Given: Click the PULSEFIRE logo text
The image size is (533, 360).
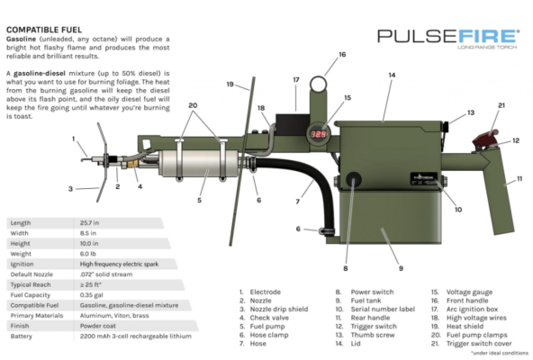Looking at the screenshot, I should click(447, 36).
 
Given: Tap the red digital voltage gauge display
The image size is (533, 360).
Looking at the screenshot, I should click(319, 132).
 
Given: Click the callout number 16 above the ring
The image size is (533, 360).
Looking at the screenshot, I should click(341, 55).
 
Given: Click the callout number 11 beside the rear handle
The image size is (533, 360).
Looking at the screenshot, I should click(519, 180).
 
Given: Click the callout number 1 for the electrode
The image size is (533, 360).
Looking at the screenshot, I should click(74, 139).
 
